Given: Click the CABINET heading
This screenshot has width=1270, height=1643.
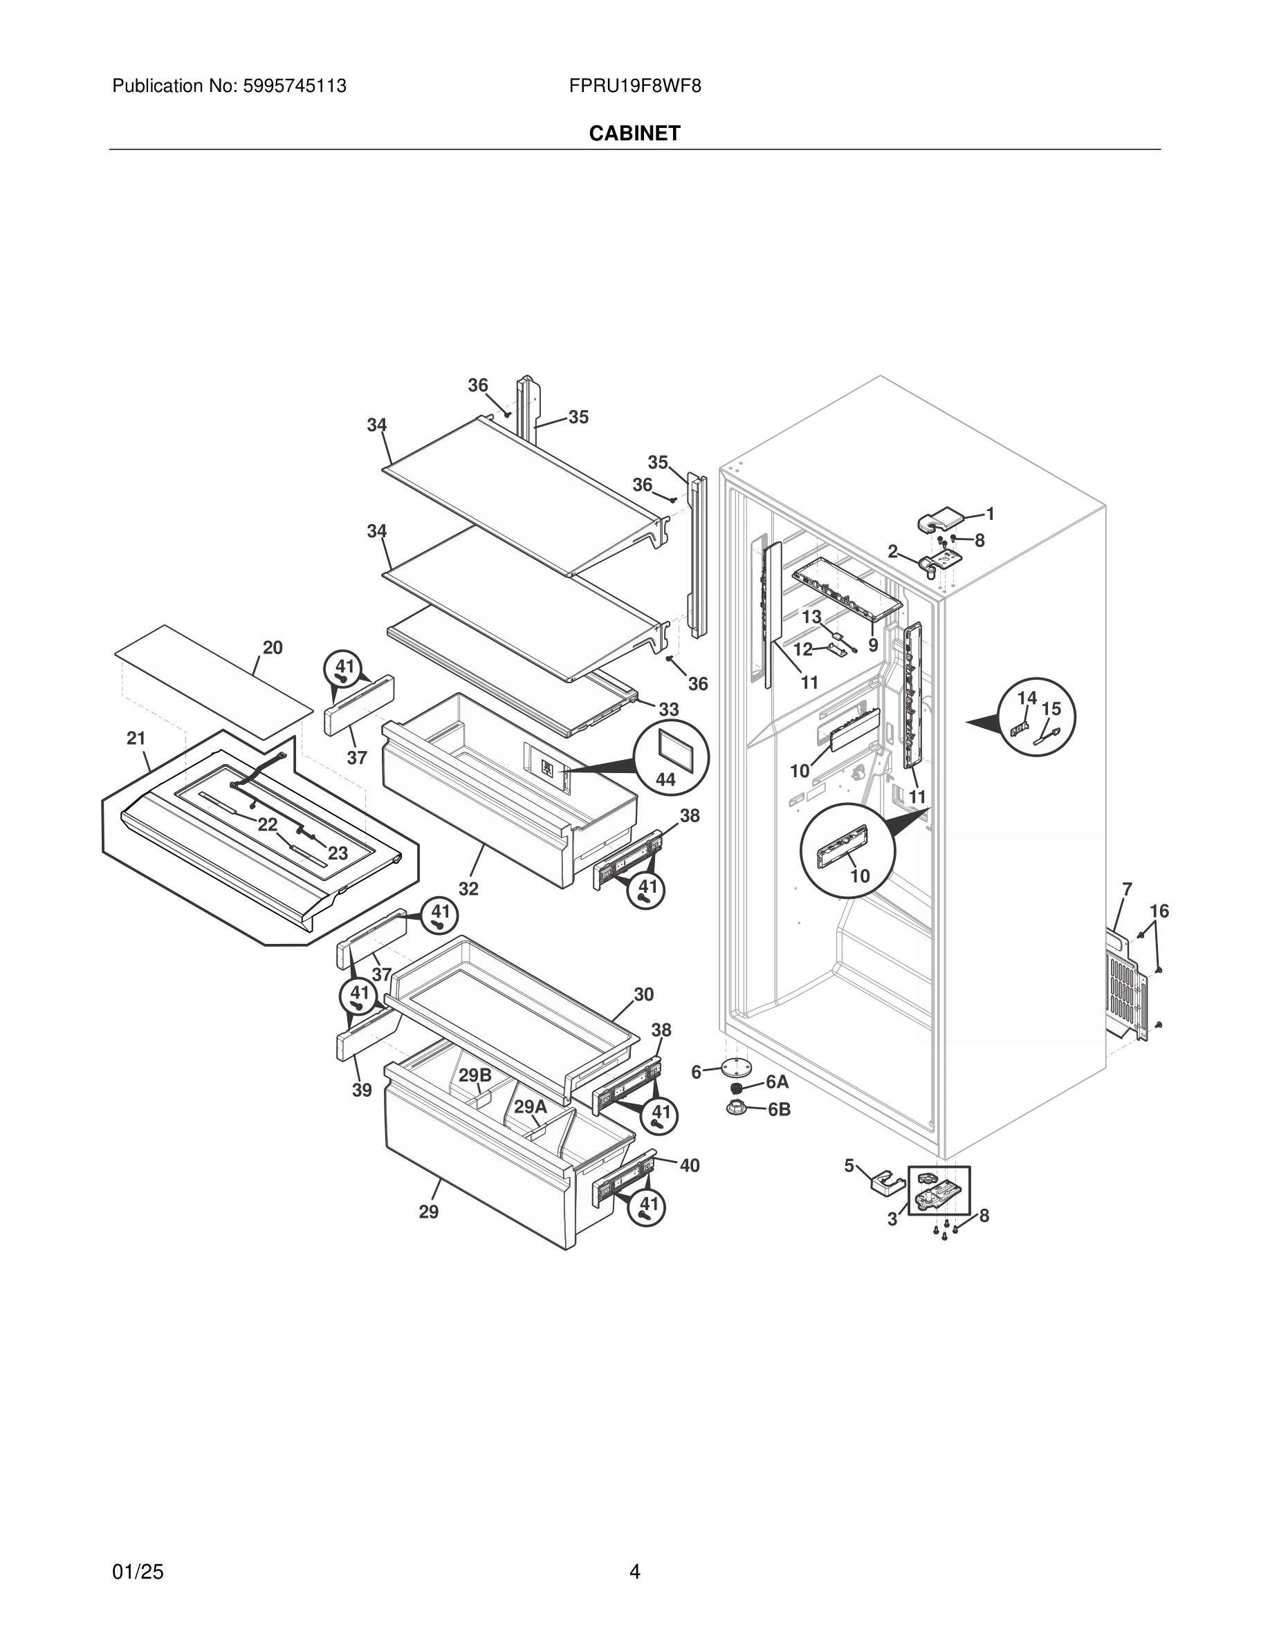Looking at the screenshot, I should tap(634, 133).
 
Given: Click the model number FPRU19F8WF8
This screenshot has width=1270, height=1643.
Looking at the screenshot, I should tap(634, 86).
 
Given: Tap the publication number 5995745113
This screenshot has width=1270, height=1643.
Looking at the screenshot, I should tap(293, 86).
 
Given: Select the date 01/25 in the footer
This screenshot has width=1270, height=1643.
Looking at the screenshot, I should tap(138, 1550).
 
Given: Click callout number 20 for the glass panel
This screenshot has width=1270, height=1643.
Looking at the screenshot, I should tap(273, 648).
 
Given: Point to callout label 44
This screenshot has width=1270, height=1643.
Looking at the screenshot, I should tap(665, 779).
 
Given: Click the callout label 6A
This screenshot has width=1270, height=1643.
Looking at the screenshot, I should tap(777, 1082).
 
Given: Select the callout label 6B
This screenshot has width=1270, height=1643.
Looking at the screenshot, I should tap(779, 1110).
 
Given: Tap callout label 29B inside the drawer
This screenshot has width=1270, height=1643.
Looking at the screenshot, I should tap(475, 1076).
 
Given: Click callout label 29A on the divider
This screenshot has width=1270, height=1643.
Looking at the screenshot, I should tap(531, 1106).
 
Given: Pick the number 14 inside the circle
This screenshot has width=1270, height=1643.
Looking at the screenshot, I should tap(1027, 698).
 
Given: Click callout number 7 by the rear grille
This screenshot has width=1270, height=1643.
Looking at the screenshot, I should tap(1126, 889).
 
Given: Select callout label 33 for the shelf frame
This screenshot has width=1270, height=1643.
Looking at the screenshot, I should tap(669, 709).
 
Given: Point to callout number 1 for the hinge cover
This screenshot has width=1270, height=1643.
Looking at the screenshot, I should tap(991, 514).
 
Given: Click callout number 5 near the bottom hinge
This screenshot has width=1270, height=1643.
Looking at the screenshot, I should tap(849, 1166).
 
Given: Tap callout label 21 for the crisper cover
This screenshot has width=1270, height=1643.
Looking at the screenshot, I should tap(136, 739).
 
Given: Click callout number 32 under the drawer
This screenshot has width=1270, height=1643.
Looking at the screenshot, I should tap(468, 889).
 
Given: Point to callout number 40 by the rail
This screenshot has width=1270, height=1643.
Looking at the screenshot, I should tap(689, 1165).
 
